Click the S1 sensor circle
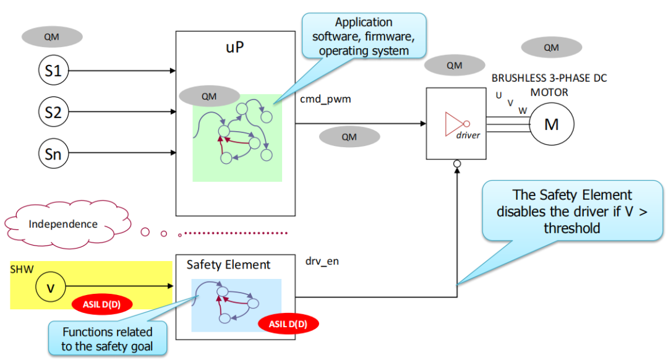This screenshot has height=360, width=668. point(54,71)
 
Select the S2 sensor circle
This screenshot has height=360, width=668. point(54,113)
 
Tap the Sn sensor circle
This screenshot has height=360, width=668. point(54,153)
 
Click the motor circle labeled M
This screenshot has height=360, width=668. point(551,124)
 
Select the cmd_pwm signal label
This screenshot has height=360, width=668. point(325,99)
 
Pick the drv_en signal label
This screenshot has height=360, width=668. point(322,262)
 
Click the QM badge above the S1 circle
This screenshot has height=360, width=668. point(52,36)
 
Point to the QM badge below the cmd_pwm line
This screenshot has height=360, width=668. point(349,137)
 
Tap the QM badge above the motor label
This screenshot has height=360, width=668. point(551,48)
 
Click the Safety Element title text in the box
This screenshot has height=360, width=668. point(228,265)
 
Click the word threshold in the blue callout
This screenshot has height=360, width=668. point(572,228)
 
